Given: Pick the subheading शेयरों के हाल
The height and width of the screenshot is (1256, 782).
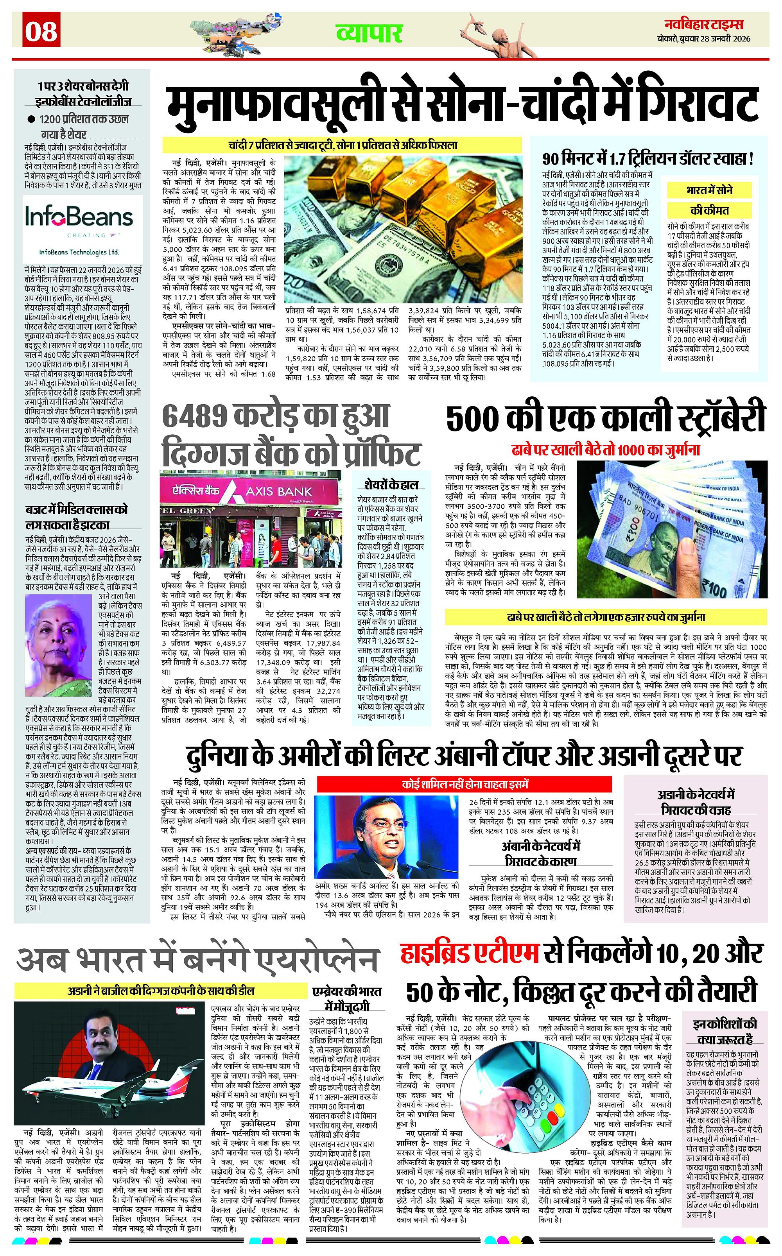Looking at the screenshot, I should [x=391, y=484].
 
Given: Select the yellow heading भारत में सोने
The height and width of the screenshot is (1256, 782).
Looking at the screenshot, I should [x=709, y=190].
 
